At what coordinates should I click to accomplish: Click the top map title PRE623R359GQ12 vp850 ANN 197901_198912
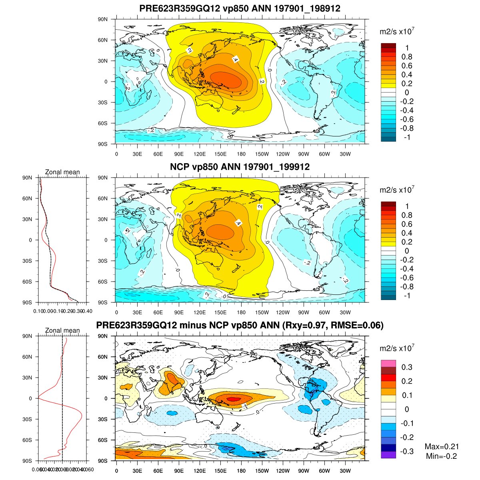pos(240,8)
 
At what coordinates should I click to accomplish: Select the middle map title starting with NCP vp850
pos(240,167)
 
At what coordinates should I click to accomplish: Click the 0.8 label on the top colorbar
pos(407,57)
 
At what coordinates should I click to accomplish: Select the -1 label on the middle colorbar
pos(407,296)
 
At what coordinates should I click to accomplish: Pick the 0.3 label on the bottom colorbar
pos(407,367)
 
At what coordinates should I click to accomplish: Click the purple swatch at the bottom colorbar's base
pos(388,455)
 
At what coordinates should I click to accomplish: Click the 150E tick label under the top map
pos(220,154)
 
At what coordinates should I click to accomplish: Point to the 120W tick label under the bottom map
pos(283,471)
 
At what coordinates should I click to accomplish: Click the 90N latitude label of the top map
pos(103,19)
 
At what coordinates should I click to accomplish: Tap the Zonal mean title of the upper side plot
pos(62,172)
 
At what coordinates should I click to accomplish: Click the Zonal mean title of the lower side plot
pos(62,330)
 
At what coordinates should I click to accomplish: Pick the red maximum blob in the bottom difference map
pos(233,398)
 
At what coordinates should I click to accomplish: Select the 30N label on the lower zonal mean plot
pos(27,378)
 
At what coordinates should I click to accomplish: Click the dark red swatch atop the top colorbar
pos(388,46)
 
